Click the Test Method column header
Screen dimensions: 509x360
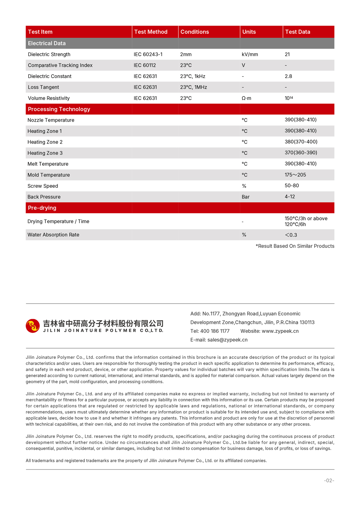click(150, 32)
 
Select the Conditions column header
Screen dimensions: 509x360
click(194, 32)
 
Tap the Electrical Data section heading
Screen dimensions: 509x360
click(47, 44)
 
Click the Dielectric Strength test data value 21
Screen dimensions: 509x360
click(287, 55)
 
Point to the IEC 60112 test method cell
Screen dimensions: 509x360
click(145, 65)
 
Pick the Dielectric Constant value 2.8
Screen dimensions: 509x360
click(288, 77)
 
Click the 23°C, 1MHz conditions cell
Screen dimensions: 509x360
click(193, 87)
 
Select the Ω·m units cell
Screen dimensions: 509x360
click(247, 99)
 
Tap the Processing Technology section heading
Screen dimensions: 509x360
click(59, 109)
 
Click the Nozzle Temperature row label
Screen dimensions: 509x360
click(51, 120)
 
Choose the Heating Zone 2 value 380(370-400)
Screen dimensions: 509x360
click(301, 142)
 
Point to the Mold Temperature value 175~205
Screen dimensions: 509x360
click(295, 175)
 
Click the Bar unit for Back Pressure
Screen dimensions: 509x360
click(246, 197)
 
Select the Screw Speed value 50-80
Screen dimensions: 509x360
click(292, 186)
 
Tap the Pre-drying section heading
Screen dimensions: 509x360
click(42, 208)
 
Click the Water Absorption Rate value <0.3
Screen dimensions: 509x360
click(291, 235)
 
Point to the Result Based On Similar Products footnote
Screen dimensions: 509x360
click(295, 246)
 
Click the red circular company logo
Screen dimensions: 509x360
click(33, 326)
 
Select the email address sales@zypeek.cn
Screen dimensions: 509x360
click(227, 340)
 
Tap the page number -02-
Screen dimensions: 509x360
click(329, 481)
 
